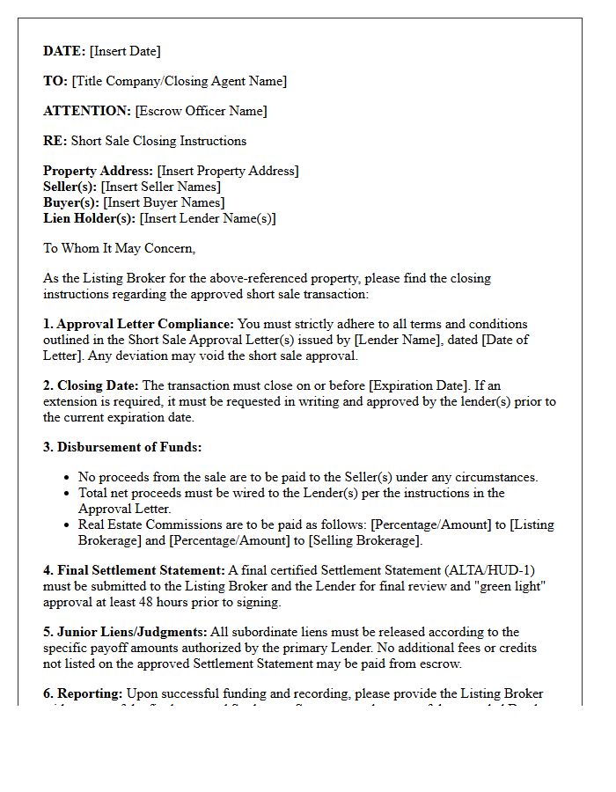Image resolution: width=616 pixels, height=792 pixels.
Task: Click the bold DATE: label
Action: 64,51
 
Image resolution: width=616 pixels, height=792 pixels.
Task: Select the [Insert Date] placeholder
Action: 125,51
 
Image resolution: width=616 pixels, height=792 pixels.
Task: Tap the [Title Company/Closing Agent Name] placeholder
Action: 179,81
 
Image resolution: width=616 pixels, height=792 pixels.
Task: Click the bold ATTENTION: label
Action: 87,111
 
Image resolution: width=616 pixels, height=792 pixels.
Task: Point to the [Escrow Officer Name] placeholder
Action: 201,111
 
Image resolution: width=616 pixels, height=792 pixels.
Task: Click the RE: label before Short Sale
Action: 55,141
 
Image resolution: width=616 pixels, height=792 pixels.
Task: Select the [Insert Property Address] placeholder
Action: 227,171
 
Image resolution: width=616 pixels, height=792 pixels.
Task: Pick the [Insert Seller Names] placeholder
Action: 160,187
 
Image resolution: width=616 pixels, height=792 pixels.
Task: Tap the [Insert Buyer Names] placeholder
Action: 164,202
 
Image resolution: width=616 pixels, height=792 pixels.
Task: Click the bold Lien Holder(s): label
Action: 90,218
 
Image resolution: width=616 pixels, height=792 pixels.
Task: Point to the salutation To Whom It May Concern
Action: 120,248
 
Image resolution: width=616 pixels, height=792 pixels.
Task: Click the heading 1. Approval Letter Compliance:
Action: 139,324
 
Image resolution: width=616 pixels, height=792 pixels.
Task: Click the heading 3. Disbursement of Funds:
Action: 122,447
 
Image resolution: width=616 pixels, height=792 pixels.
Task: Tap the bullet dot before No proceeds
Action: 68,478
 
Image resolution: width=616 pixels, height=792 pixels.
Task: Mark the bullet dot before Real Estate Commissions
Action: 68,525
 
